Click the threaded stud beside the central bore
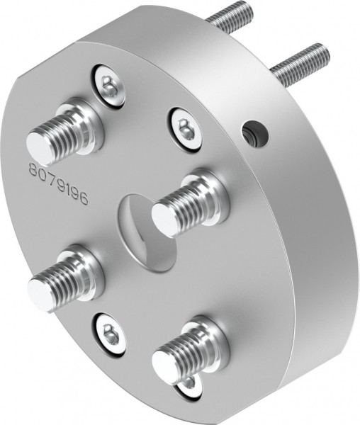[188, 205]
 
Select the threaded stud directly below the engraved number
[64, 278]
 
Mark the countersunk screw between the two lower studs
[109, 331]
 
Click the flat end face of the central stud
[164, 219]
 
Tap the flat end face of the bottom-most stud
[164, 368]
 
